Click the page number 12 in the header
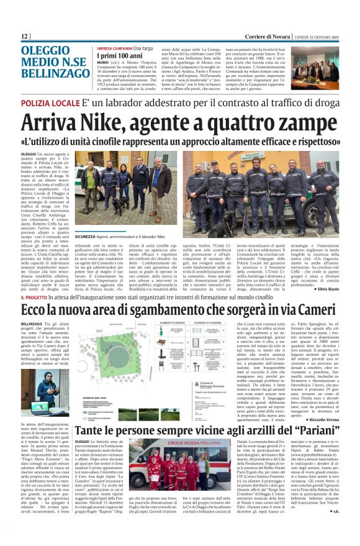(x=24, y=37)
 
